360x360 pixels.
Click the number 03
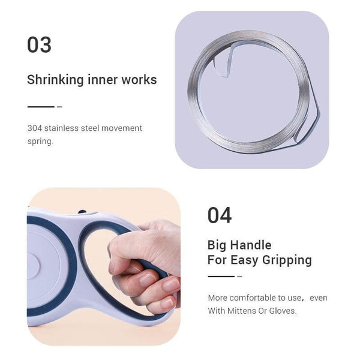39,45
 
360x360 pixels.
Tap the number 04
220,215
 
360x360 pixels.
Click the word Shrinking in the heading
55,80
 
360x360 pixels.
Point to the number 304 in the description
35,128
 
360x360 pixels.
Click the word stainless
61,128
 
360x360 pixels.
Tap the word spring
40,142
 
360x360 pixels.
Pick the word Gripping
287,260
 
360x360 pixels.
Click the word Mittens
242,311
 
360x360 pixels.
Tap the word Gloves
283,311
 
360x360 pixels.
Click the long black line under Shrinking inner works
41,107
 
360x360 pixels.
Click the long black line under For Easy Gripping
221,277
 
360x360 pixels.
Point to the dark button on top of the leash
82,212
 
